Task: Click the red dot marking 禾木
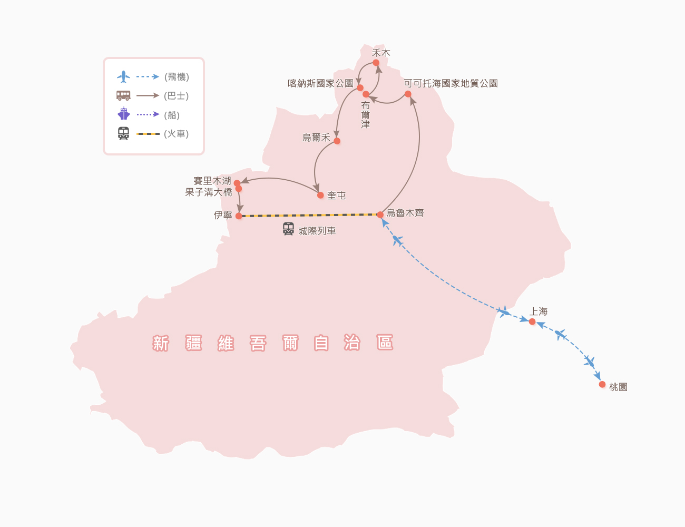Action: coord(376,63)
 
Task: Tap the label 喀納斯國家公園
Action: coord(320,83)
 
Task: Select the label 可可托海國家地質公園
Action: coord(451,83)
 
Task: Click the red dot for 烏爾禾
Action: coord(337,141)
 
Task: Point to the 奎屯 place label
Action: coord(336,196)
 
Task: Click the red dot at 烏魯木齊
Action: coord(380,214)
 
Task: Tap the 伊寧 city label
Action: coord(223,215)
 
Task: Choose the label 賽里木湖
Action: coord(212,181)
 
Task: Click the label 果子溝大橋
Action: coord(209,192)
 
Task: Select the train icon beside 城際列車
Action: coord(288,229)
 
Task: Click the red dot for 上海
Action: coord(532,321)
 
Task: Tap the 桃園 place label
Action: coord(618,387)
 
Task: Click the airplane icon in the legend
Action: coord(123,76)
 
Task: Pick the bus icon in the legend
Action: coord(123,95)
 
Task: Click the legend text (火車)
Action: coord(176,134)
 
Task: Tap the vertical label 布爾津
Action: coord(365,115)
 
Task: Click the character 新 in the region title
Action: coord(161,343)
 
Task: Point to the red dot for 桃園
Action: coord(602,384)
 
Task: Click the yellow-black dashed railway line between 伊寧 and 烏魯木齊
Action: coord(309,215)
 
